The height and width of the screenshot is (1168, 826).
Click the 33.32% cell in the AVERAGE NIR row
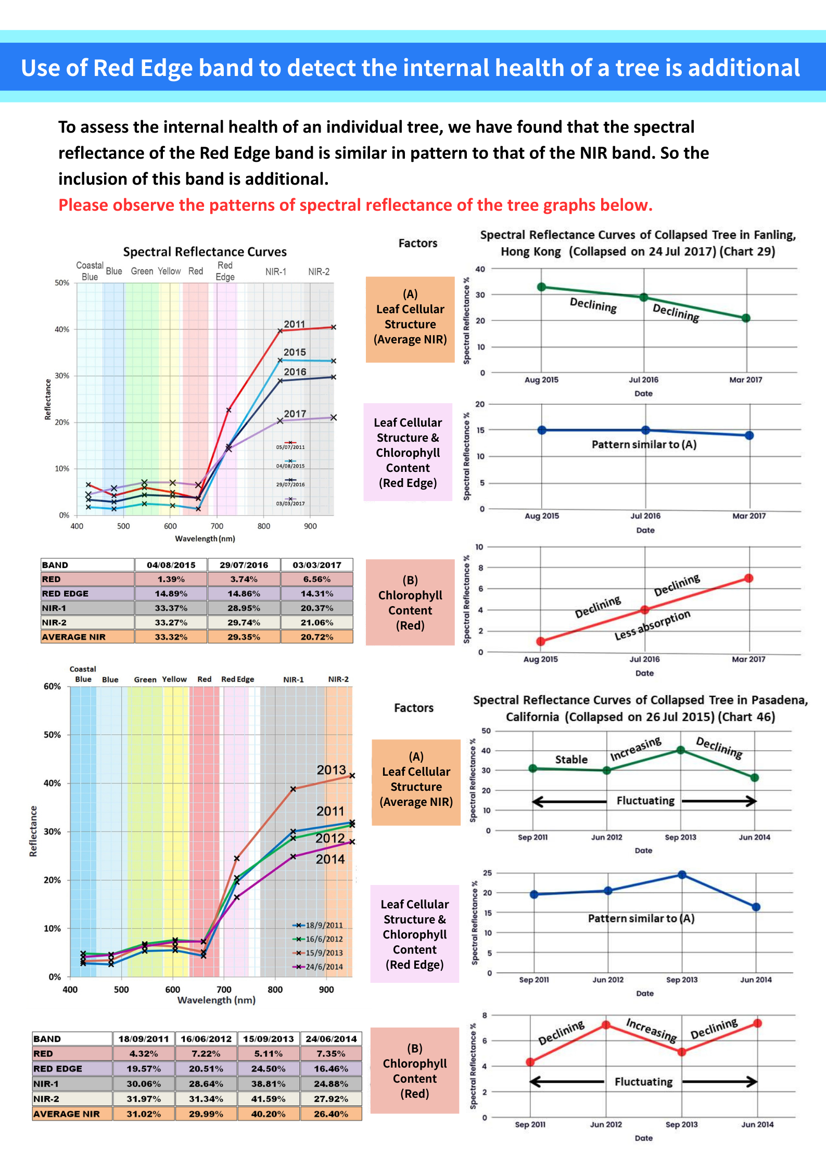tap(171, 637)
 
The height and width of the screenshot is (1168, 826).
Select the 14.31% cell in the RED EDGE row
tap(316, 594)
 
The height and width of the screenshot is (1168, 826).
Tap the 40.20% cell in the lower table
tap(269, 1114)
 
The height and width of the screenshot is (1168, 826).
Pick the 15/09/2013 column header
tap(269, 1039)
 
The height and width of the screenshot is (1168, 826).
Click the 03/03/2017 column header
tap(316, 565)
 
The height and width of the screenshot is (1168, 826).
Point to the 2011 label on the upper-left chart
tap(295, 324)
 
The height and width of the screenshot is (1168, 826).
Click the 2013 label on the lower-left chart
tap(332, 770)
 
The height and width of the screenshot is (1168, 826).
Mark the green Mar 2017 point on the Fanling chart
tap(746, 318)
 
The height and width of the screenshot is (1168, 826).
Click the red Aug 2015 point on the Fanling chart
tap(541, 641)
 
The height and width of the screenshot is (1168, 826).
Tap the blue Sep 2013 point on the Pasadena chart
tap(682, 875)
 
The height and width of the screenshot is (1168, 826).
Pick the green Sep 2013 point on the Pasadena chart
tap(680, 750)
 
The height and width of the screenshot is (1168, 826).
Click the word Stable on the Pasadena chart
tap(571, 760)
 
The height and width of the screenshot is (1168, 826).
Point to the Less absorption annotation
tap(652, 625)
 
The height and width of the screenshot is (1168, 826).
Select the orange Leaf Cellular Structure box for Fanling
tap(410, 319)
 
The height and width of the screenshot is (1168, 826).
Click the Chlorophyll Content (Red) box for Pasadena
tap(415, 1071)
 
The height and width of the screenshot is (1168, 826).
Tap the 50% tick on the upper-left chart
tap(62, 283)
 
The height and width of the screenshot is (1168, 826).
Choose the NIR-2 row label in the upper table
tap(54, 622)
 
